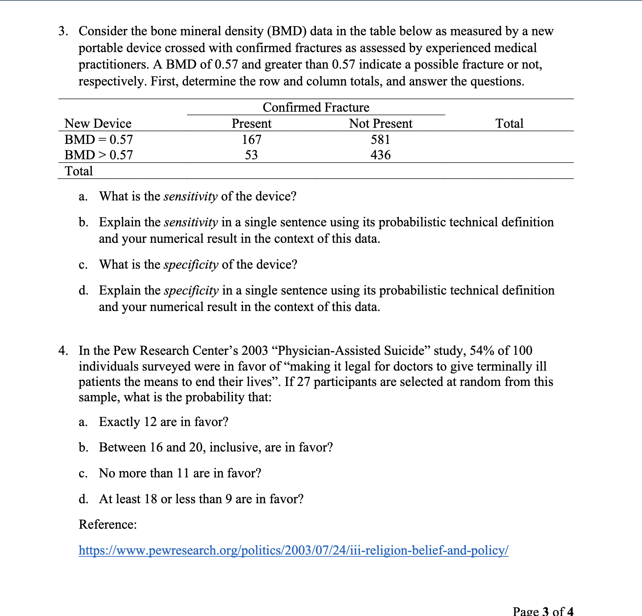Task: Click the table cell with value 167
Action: (251, 140)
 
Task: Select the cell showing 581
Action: (380, 140)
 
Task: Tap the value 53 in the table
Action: (251, 155)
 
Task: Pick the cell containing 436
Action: (381, 155)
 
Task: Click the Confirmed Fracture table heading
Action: (316, 108)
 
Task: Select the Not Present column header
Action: (381, 124)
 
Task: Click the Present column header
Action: (251, 124)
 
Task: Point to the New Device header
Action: (98, 124)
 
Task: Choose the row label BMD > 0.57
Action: (99, 155)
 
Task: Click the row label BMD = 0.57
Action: (99, 140)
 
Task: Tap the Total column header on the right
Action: (509, 124)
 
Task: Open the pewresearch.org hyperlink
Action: (293, 550)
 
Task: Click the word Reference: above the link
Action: (108, 524)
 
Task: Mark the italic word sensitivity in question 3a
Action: (191, 196)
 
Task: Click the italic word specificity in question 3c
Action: (191, 265)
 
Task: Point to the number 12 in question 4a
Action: (150, 422)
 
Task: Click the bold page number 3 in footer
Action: (545, 612)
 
